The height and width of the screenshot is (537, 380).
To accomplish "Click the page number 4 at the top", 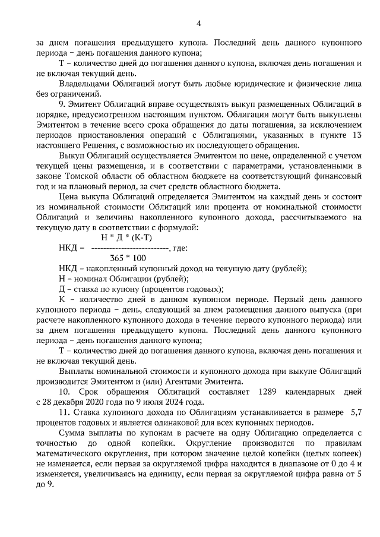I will click(199, 23).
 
